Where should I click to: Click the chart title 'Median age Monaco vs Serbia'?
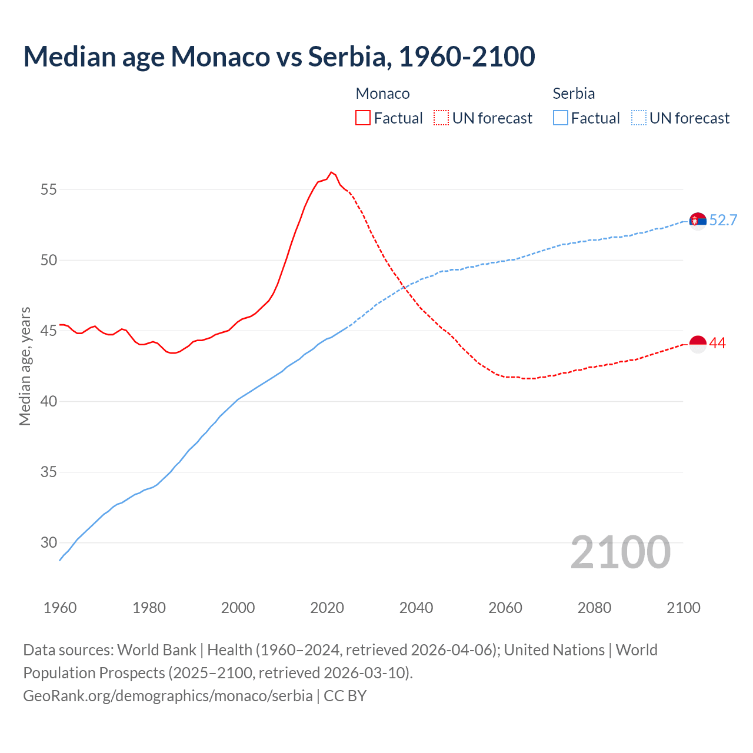pos(279,56)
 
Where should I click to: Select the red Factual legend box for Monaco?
pos(363,118)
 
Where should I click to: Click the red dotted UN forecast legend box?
pos(441,118)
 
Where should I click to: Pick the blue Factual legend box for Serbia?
pos(560,118)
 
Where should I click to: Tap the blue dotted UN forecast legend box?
pos(638,118)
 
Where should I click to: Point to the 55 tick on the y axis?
pos(49,189)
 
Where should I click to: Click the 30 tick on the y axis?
pos(49,542)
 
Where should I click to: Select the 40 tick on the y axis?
pos(49,401)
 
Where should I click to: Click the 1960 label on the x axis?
pos(60,608)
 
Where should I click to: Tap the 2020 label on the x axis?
pos(327,608)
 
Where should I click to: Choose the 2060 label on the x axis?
pos(505,608)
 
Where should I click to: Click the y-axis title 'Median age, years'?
pos(25,366)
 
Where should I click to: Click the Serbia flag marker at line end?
pos(698,221)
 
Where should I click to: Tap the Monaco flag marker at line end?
pos(698,344)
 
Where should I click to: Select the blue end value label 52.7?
pos(723,220)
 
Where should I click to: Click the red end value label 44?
pos(718,343)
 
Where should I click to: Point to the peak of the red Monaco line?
pos(331,172)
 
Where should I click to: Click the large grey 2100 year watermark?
pos(621,552)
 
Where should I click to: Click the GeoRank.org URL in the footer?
pos(168,695)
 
